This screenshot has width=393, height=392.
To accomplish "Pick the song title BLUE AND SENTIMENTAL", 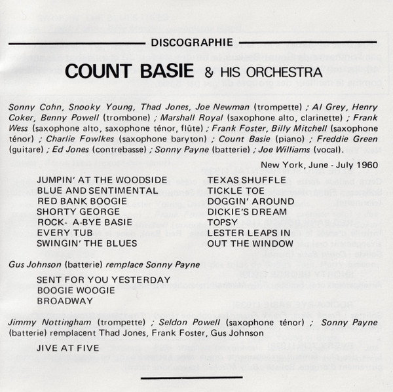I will coord(89,190).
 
